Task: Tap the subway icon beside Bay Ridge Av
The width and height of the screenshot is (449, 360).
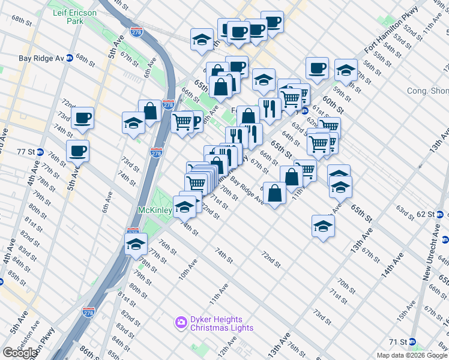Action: click(x=69, y=58)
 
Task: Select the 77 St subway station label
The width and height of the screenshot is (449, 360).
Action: click(x=24, y=152)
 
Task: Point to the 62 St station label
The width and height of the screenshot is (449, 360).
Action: click(x=425, y=214)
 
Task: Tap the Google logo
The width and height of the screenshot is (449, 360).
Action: click(x=19, y=353)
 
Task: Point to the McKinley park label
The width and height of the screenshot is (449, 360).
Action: click(x=155, y=210)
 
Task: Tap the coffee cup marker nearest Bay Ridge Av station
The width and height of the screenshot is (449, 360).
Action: click(x=82, y=117)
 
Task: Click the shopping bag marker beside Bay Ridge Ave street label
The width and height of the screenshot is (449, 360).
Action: click(x=274, y=193)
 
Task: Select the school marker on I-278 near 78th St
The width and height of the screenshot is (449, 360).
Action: click(x=136, y=244)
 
